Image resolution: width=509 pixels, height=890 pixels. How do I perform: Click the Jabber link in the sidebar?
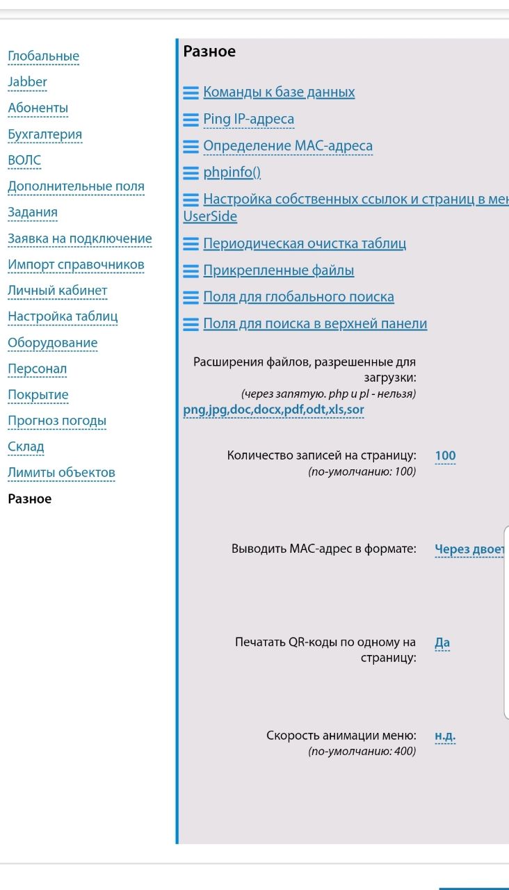pyautogui.click(x=27, y=82)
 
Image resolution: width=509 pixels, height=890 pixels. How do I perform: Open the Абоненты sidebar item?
pyautogui.click(x=38, y=108)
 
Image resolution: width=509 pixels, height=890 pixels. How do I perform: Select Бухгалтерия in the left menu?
pyautogui.click(x=45, y=134)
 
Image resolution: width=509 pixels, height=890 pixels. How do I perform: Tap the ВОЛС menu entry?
pyautogui.click(x=24, y=160)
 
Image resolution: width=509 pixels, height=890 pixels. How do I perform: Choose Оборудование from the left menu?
pyautogui.click(x=52, y=343)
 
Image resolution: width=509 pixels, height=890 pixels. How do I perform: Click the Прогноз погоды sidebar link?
pyautogui.click(x=57, y=421)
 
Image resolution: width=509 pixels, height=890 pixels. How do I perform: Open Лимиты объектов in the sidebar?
pyautogui.click(x=61, y=473)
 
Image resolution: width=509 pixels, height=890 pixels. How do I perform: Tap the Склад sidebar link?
pyautogui.click(x=26, y=446)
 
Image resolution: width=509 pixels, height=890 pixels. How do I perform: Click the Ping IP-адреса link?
pyautogui.click(x=248, y=119)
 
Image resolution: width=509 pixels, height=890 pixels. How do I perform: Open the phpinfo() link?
pyautogui.click(x=232, y=172)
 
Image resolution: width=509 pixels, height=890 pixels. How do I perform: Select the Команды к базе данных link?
pyautogui.click(x=279, y=92)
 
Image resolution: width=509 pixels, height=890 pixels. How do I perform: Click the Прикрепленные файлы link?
pyautogui.click(x=278, y=270)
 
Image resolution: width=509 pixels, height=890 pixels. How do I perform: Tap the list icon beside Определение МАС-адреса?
pyautogui.click(x=191, y=147)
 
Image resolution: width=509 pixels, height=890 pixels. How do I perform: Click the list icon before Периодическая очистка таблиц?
pyautogui.click(x=191, y=244)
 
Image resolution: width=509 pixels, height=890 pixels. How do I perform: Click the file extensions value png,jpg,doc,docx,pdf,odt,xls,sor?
pyautogui.click(x=273, y=410)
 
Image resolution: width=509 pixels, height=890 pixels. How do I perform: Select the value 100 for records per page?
pyautogui.click(x=445, y=456)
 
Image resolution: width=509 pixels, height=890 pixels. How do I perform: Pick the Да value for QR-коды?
pyautogui.click(x=442, y=642)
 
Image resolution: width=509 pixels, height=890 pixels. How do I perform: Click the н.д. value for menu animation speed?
pyautogui.click(x=445, y=736)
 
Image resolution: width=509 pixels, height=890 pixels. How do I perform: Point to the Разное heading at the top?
pyautogui.click(x=209, y=51)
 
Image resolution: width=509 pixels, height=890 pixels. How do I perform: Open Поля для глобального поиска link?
pyautogui.click(x=298, y=297)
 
